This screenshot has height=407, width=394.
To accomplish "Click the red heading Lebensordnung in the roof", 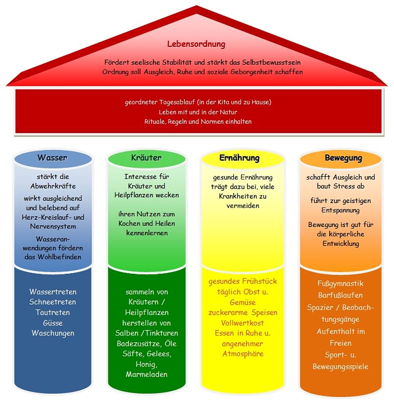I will (196, 44).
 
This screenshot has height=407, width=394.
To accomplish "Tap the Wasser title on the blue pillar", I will (52, 158).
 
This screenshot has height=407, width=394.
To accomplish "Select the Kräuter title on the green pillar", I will (146, 158).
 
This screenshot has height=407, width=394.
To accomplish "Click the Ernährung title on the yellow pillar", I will (239, 158).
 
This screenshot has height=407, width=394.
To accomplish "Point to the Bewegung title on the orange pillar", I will (343, 158).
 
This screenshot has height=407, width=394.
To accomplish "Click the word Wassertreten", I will (53, 291).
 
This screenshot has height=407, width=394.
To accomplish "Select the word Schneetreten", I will (53, 302).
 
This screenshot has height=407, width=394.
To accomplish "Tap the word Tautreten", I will (53, 312).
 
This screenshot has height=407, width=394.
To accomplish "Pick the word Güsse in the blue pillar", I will (53, 323).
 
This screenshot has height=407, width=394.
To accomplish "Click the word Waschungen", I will (53, 333).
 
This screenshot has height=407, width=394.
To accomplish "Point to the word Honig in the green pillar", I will (146, 364).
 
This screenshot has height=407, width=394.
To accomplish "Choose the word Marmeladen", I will (146, 375).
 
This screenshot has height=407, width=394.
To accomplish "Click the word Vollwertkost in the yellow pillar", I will (243, 323).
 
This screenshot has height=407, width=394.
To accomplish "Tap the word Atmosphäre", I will (243, 354).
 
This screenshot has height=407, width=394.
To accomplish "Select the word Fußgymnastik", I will (340, 284).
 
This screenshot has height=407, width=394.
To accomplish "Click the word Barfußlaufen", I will (340, 295).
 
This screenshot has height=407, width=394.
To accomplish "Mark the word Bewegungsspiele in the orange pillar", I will (340, 367).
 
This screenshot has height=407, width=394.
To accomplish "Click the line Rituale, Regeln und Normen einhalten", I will (198, 122).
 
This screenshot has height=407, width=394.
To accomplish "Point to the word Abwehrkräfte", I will (53, 186).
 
